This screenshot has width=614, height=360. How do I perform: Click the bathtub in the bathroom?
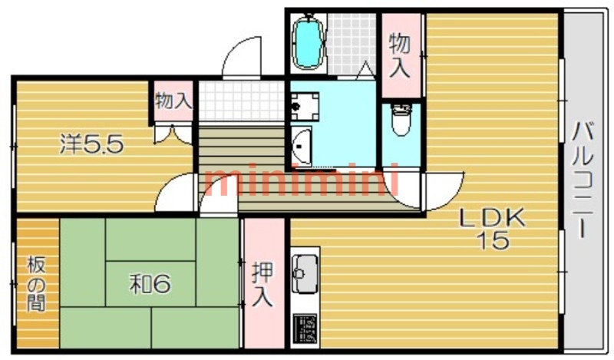tap(309, 42)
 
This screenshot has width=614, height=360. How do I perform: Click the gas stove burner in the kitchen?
tap(306, 329)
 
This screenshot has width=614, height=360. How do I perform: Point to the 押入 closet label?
tap(262, 284)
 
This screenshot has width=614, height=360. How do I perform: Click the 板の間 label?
tap(35, 284)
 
